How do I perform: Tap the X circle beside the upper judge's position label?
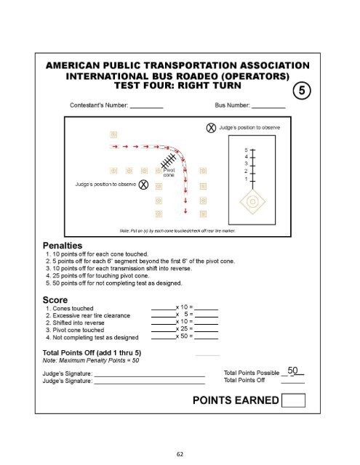point(211,129)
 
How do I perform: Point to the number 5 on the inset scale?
point(246,148)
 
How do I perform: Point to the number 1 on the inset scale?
point(246,179)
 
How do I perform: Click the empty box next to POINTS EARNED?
point(293,400)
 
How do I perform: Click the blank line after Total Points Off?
point(292,381)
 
